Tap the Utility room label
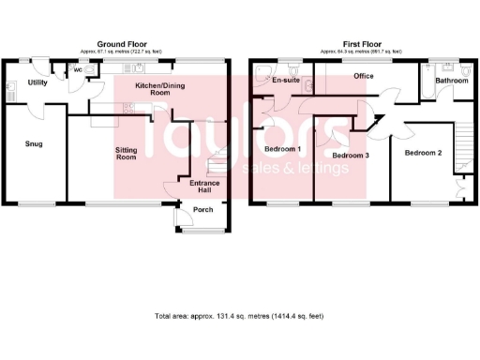37,83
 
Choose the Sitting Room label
127,154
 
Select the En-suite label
285,82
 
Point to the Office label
363,75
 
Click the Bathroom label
451,82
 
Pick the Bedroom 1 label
281,149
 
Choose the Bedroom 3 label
350,156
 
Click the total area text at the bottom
239,317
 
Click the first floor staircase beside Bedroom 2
460,145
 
